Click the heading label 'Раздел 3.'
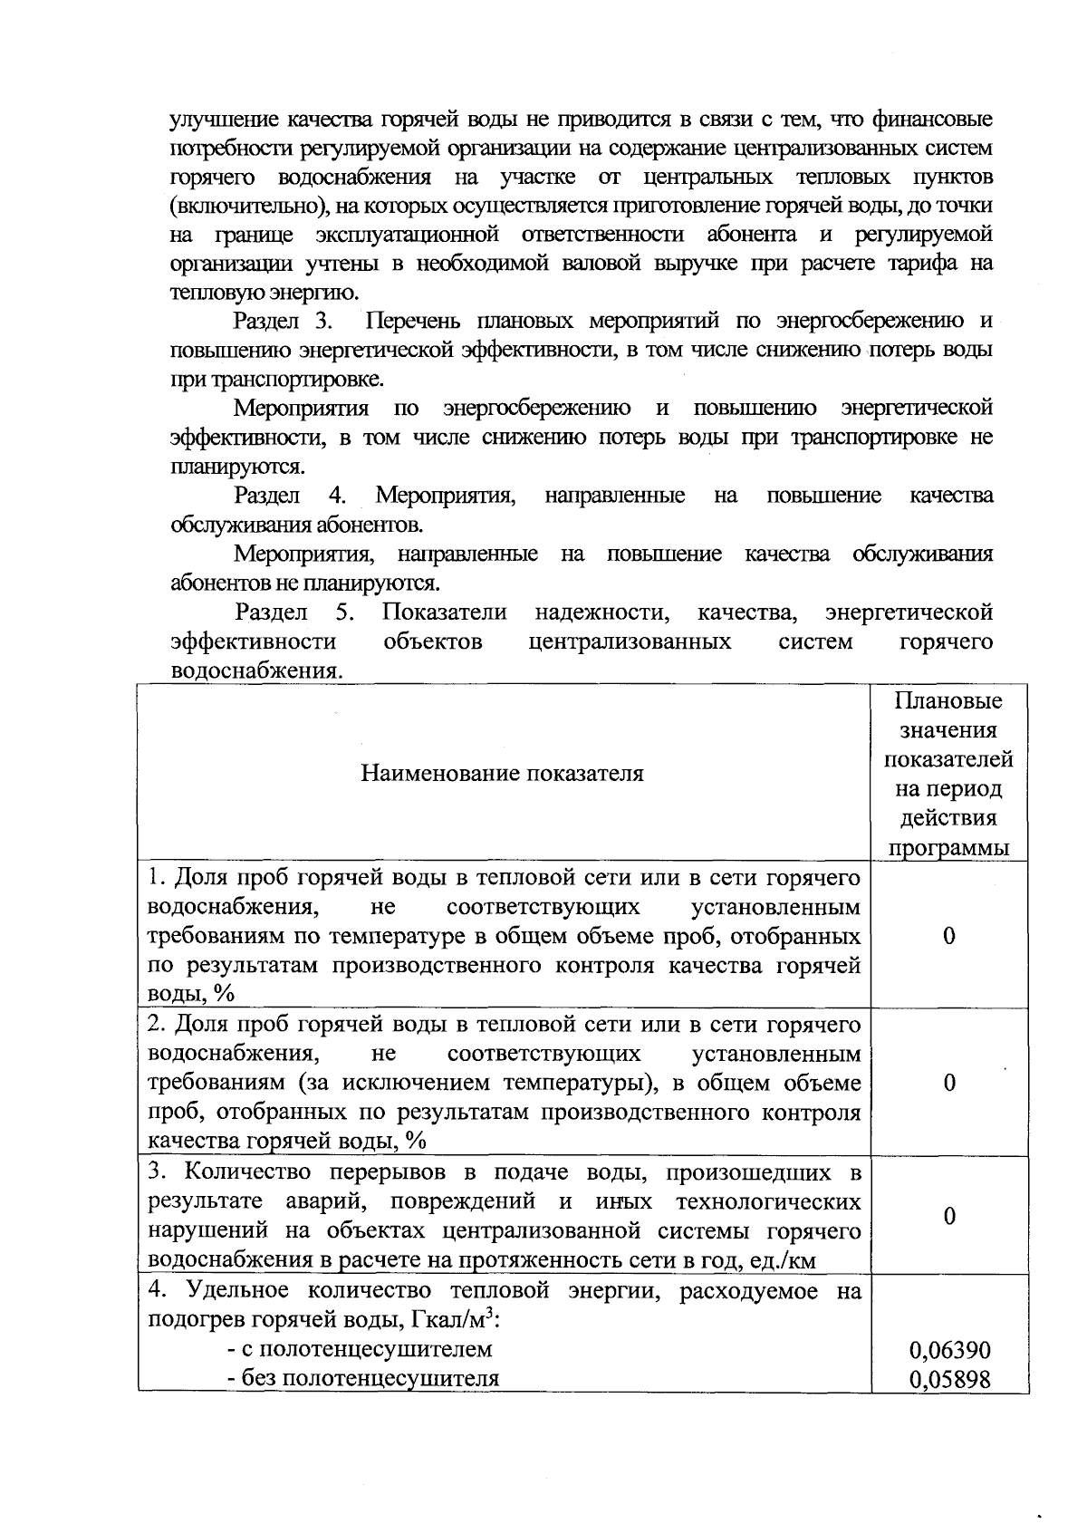click(284, 322)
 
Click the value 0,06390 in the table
click(949, 1350)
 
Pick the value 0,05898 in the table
click(949, 1380)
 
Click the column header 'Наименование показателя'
click(503, 773)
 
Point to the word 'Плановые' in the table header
click(948, 701)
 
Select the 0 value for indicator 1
click(948, 936)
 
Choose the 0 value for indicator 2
click(948, 1083)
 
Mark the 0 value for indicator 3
click(948, 1216)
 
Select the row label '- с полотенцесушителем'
click(360, 1349)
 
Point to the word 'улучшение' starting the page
click(223, 120)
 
